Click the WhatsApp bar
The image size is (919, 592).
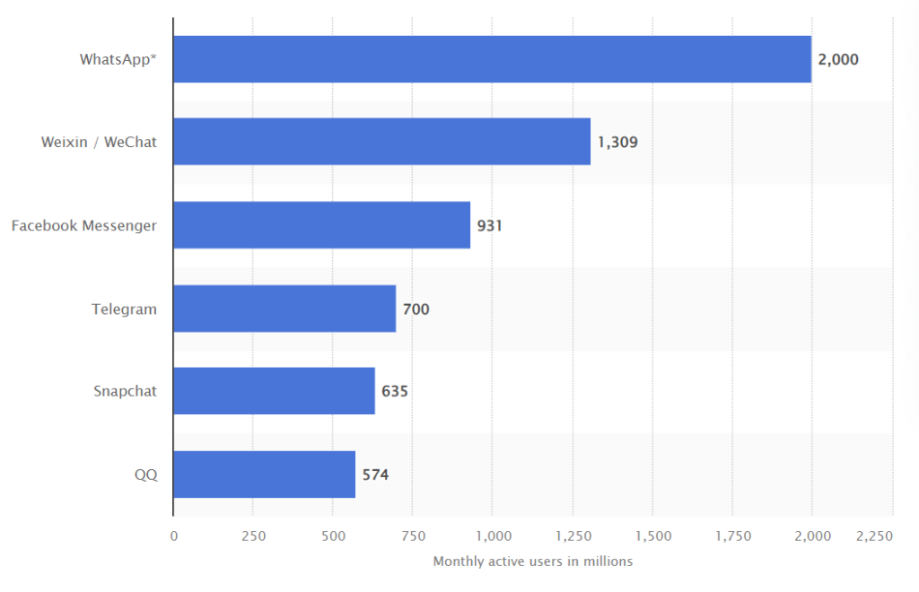tap(492, 59)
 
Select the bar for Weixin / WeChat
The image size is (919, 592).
tap(381, 142)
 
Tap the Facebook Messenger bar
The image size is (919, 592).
tap(321, 225)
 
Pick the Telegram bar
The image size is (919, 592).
tap(284, 309)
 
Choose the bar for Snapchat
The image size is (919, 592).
tap(274, 391)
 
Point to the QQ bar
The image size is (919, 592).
tap(264, 474)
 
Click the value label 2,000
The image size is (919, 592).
tap(838, 60)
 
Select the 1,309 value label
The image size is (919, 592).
tap(617, 143)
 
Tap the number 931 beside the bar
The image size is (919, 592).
tap(489, 226)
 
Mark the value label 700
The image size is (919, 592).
tap(416, 309)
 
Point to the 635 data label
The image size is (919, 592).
tap(395, 392)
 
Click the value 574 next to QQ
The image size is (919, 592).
tap(375, 475)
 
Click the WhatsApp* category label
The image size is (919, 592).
tap(118, 60)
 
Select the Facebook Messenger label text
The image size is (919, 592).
tap(83, 225)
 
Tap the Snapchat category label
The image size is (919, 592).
tap(125, 391)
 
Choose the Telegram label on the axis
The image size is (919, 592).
tap(124, 309)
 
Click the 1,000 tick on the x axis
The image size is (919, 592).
tap(492, 535)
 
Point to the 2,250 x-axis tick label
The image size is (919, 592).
tap(874, 535)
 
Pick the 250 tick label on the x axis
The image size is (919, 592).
tap(253, 535)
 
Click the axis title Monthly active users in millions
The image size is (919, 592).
tap(532, 562)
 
